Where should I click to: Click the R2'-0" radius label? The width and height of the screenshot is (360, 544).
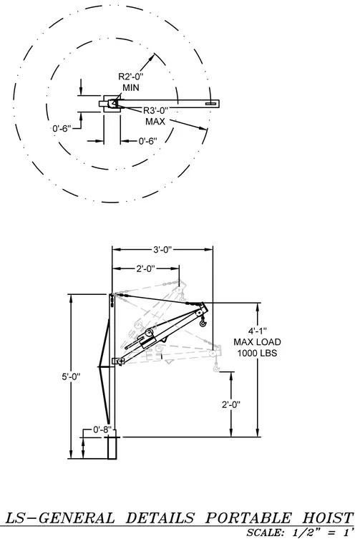131,77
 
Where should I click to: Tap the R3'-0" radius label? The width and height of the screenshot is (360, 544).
156,111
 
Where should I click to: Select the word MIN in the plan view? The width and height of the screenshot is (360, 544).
131,87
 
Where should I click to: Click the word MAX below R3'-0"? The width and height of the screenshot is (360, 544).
155,122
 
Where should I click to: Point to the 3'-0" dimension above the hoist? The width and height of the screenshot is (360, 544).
162,249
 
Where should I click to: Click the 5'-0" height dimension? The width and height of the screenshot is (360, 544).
71,377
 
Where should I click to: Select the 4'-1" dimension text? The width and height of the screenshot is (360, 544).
257,331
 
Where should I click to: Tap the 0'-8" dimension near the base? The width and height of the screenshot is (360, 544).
102,429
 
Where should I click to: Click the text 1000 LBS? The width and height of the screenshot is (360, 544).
257,353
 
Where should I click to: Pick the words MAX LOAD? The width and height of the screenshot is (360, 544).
257,342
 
